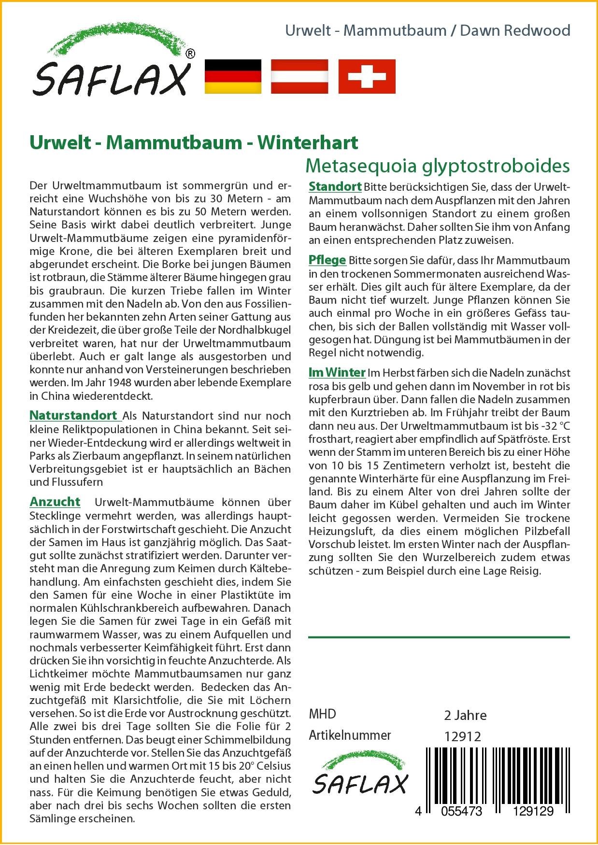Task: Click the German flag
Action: click(x=233, y=76)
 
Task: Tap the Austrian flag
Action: click(x=299, y=76)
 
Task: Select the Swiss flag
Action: click(x=367, y=76)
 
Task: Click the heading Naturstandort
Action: click(x=73, y=415)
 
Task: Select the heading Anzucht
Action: click(x=55, y=502)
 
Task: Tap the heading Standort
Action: click(x=335, y=186)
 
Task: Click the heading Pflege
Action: click(x=327, y=260)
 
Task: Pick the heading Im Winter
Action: click(x=337, y=372)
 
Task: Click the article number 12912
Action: click(x=462, y=736)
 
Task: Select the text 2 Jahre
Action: click(x=465, y=715)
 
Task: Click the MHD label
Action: click(x=322, y=714)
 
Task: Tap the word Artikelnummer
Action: click(x=349, y=735)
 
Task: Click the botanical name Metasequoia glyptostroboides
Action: click(x=438, y=166)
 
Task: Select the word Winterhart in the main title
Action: click(x=308, y=142)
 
